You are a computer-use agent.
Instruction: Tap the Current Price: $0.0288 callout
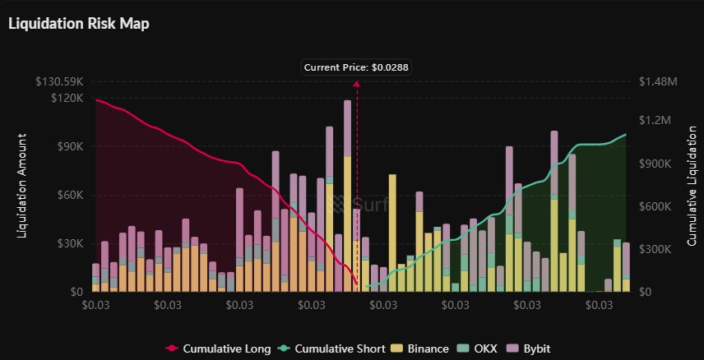coord(356,67)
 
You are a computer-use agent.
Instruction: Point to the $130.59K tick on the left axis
coord(59,82)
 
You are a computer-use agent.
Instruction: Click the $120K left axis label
coord(67,98)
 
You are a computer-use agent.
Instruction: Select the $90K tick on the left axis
coord(69,146)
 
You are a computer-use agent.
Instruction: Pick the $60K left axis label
coord(69,196)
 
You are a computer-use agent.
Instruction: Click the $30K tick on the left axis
coord(69,244)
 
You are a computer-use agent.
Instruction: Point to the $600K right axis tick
coord(659,206)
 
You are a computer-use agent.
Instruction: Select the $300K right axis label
coord(659,249)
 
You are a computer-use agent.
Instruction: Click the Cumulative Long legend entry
coord(219,348)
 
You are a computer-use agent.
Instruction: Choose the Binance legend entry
coord(422,348)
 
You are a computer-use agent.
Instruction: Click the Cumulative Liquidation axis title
coord(692,187)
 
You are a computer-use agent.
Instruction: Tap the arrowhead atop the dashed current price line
coord(357,83)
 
